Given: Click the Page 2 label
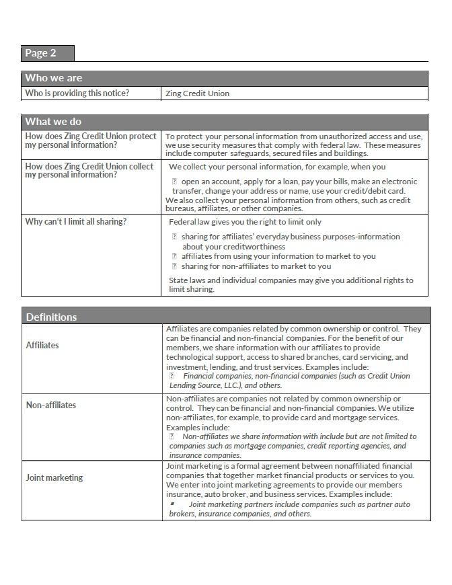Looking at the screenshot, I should pos(40,53).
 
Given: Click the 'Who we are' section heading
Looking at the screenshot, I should pos(54,78).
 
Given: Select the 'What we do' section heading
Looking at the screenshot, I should pos(53,122).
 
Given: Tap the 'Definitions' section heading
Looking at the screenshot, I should pos(51,317).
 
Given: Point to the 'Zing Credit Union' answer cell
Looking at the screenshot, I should pos(197,93).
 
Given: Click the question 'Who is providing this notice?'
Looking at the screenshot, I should pos(77,93).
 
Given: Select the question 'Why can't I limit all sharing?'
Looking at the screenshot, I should pos(75,222).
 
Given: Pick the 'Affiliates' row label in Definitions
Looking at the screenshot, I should pos(42,345).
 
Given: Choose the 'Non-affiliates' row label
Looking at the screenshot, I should pos(51,405).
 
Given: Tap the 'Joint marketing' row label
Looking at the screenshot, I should pos(54,477).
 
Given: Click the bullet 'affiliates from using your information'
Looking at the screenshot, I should pos(278,256).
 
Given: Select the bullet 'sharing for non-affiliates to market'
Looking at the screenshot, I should pos(256,266).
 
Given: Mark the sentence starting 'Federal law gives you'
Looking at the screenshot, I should pos(245,222).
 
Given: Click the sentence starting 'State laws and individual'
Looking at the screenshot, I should pos(291,280).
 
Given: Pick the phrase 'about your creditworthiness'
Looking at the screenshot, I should pos(233,247).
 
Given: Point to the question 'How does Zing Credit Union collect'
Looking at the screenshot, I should pos(89,167).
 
